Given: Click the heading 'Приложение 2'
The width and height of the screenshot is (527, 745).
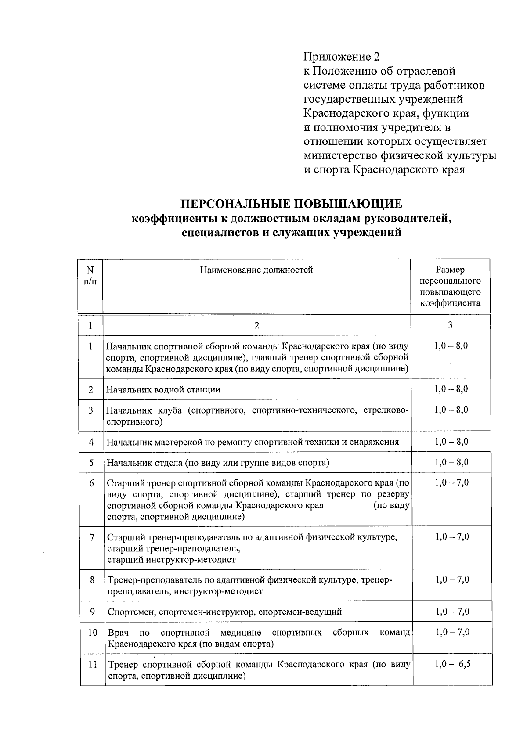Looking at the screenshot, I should click(341, 57).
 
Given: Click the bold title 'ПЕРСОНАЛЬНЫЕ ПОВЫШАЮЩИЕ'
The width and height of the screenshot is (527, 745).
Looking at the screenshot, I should click(292, 204).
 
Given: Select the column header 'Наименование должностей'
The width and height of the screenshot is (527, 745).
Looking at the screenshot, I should click(256, 270).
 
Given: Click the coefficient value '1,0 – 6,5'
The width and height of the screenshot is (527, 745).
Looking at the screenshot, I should click(452, 664).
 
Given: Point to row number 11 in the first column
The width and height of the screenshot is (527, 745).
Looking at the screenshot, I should click(92, 665).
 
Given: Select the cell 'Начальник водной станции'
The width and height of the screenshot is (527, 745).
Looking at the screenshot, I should click(163, 389).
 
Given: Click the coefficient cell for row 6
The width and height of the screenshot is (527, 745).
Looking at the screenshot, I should click(451, 483).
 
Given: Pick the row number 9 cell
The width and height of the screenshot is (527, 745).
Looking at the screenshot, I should click(92, 611).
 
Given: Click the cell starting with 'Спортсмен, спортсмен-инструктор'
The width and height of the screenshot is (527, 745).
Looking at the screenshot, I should click(224, 612).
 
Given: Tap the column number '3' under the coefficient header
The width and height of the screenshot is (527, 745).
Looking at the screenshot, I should click(450, 325).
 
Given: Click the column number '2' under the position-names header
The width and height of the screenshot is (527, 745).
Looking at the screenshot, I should click(256, 325).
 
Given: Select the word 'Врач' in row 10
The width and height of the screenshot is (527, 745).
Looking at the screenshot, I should click(118, 633).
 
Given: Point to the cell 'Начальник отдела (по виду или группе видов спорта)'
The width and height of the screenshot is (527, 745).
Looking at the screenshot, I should click(218, 463).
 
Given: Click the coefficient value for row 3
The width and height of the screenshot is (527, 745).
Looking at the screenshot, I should click(451, 410).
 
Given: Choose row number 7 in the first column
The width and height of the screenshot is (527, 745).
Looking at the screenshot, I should click(92, 537).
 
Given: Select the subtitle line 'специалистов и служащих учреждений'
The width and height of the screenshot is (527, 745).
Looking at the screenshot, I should click(292, 233).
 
